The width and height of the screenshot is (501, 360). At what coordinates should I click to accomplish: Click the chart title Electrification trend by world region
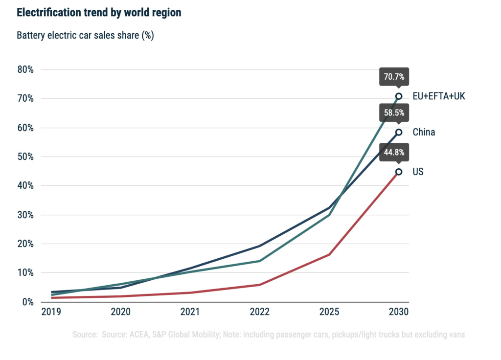pos(99,13)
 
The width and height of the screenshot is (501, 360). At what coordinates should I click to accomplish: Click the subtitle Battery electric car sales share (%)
pos(86,36)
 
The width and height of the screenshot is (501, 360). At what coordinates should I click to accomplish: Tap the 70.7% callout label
pos(394,77)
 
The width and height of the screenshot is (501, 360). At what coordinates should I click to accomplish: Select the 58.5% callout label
pos(394,113)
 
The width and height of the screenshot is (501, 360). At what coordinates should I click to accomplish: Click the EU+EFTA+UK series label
pos(439,96)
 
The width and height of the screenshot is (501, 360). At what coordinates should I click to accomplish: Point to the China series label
pos(424,132)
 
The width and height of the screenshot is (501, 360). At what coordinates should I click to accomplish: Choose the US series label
pos(418,172)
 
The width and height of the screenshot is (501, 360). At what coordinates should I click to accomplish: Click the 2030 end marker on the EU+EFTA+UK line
pos(399,96)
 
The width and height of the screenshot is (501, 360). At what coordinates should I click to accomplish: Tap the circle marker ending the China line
pos(399,132)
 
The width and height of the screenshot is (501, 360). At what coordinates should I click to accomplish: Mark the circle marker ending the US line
pos(399,172)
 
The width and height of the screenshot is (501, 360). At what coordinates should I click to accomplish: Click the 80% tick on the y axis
pos(25,69)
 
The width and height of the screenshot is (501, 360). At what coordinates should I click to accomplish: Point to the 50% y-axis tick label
pos(25,157)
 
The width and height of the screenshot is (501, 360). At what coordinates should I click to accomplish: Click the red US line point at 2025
pos(329,254)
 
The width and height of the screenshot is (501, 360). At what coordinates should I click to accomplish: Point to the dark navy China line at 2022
pos(260,246)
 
